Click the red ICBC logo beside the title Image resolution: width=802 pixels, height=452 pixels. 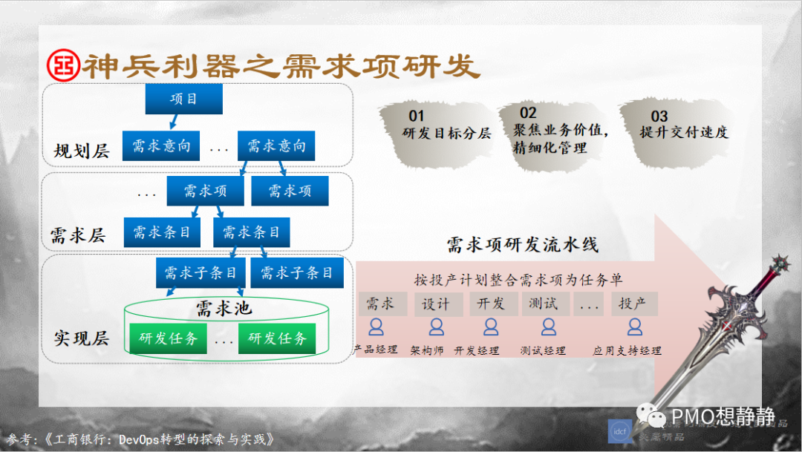[x=62, y=66]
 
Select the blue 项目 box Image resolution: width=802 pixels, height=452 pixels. [x=183, y=99]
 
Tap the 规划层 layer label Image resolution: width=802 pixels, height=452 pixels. [x=82, y=151]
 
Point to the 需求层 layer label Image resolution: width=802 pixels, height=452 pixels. [x=78, y=236]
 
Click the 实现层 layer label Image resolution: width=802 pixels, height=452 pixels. [x=82, y=338]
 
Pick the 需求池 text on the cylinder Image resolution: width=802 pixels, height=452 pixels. [x=224, y=308]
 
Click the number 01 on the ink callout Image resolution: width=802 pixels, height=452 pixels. [x=417, y=116]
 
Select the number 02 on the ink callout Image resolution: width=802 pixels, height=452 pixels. [x=528, y=113]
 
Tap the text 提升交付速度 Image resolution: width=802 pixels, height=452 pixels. [x=684, y=133]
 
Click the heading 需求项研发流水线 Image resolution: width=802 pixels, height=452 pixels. [x=522, y=244]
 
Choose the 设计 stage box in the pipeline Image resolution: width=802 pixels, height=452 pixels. [x=436, y=304]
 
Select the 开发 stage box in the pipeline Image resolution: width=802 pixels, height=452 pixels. [x=491, y=304]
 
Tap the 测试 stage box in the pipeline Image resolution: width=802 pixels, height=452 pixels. [x=549, y=304]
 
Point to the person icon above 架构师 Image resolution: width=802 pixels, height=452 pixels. [x=436, y=327]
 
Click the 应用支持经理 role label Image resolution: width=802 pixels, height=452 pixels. [x=627, y=350]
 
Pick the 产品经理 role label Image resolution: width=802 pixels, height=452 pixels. [x=376, y=350]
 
